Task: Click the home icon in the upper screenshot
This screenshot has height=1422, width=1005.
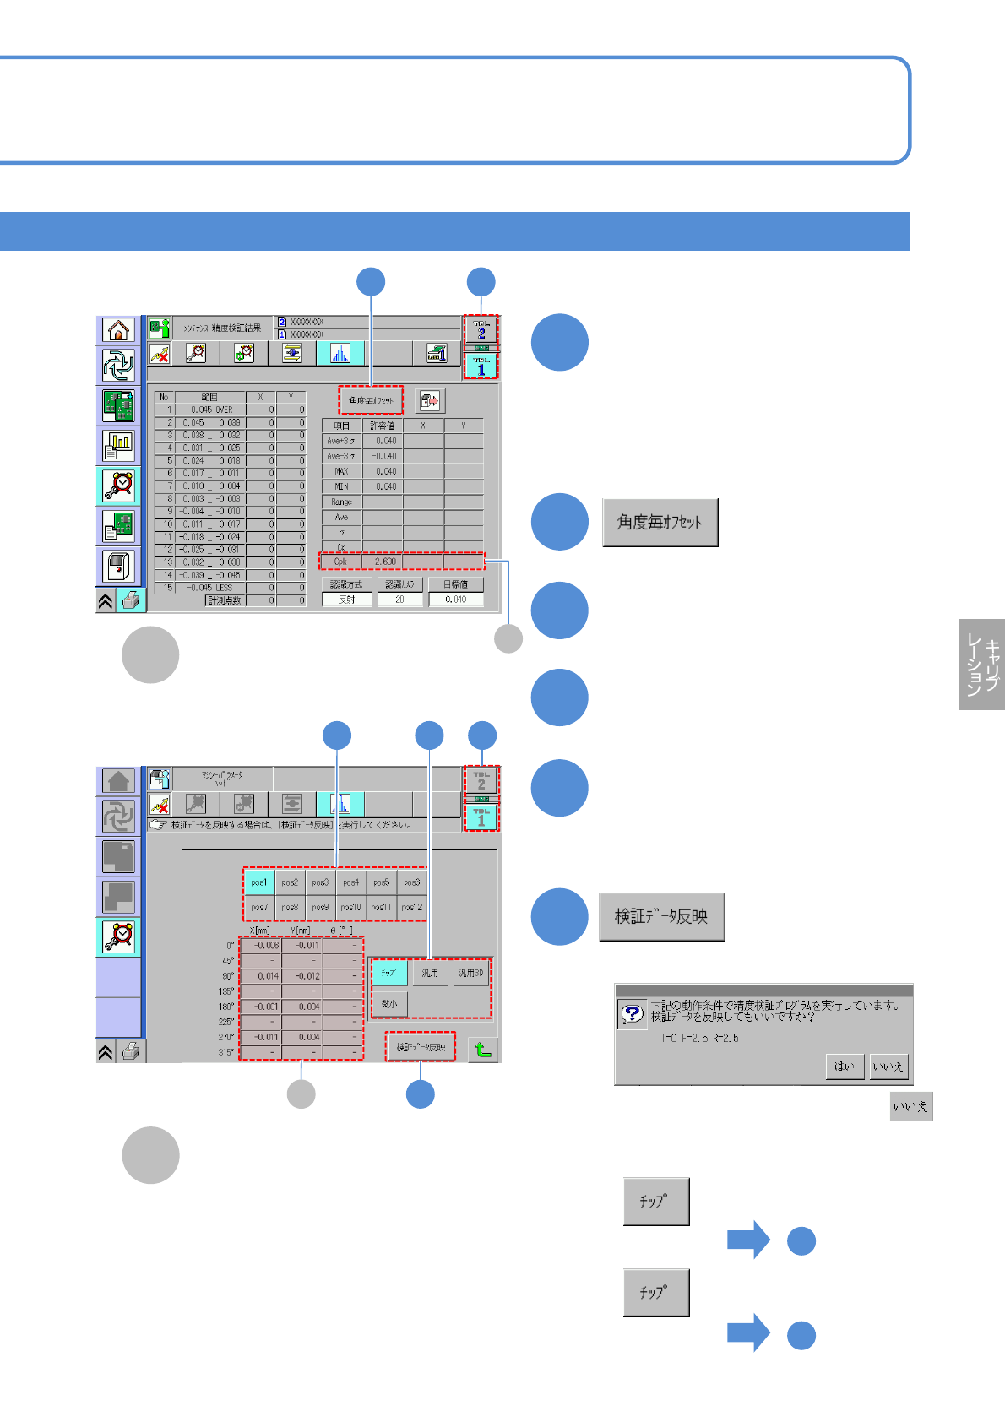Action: (x=118, y=330)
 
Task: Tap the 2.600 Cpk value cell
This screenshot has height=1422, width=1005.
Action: (x=383, y=562)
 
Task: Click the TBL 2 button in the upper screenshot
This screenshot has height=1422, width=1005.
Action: (x=481, y=330)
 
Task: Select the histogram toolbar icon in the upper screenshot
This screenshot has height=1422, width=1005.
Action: (x=340, y=353)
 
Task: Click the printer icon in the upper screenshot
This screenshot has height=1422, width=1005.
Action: (x=131, y=600)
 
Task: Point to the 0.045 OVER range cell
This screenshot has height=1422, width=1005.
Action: (x=210, y=410)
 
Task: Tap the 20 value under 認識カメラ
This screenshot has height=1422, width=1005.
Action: (x=399, y=600)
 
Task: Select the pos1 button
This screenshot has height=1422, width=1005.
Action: (x=258, y=882)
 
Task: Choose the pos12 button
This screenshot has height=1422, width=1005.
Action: (x=411, y=908)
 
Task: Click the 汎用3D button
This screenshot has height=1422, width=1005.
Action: (x=470, y=974)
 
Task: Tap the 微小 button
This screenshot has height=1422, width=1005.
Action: (x=389, y=1004)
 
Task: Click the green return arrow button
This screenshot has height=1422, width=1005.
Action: (x=482, y=1050)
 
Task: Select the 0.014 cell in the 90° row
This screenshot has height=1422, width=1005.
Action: (x=261, y=976)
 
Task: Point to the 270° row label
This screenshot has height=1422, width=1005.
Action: (x=226, y=1037)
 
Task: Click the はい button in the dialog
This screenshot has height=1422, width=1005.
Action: (x=844, y=1066)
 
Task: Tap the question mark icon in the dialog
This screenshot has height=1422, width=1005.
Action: (x=632, y=1013)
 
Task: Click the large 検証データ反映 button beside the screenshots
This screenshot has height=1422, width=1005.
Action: (x=661, y=917)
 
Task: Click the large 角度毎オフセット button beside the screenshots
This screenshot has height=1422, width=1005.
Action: (x=660, y=523)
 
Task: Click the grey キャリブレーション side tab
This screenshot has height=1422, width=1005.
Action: (x=981, y=665)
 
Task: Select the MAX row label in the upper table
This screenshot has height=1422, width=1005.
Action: (x=341, y=471)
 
